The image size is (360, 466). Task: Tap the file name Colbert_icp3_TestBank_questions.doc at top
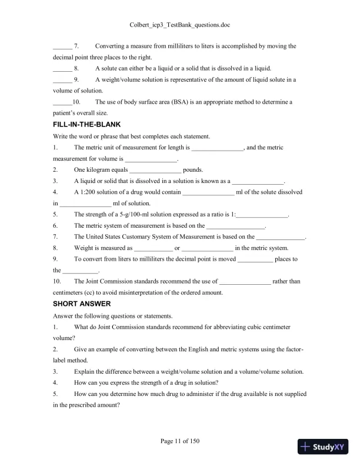click(x=179, y=25)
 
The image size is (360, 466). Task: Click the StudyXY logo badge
click(x=323, y=447)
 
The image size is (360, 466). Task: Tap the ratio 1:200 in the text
click(x=89, y=192)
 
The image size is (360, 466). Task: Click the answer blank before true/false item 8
click(x=62, y=69)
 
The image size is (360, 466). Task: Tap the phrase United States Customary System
click(x=125, y=237)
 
